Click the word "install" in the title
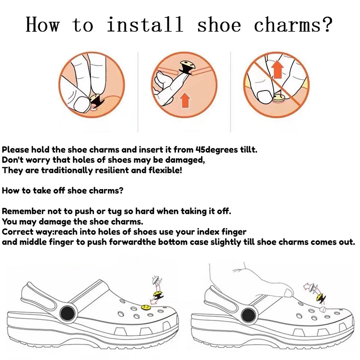(x=145, y=24)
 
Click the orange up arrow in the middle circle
(x=185, y=100)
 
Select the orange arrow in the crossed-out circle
(x=277, y=69)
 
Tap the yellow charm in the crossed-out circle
(x=278, y=99)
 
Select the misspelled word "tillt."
(x=249, y=150)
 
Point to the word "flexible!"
(x=165, y=170)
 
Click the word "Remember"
(x=23, y=211)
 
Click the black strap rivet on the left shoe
(x=67, y=313)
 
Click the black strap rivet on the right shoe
(x=248, y=315)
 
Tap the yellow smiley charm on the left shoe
(x=146, y=307)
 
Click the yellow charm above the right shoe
(x=319, y=297)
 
